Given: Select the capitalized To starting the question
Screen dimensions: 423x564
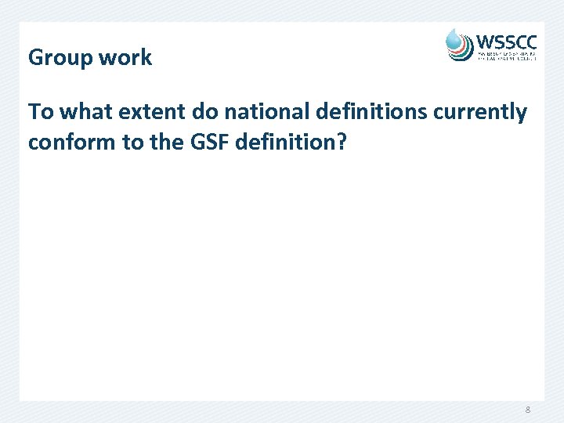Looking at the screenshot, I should click(41, 112).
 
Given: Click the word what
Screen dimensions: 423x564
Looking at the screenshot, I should click(85, 112).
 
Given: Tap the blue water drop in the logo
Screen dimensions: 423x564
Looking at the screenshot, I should click(455, 38).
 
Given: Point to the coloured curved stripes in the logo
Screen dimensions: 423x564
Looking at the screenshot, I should click(461, 52).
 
